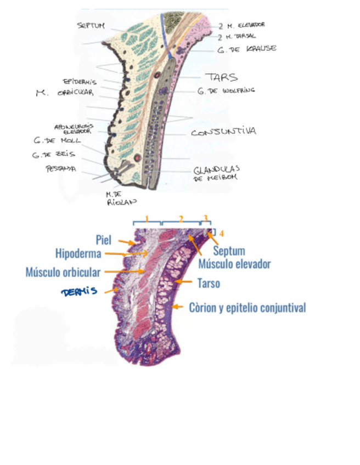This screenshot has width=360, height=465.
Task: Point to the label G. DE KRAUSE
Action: [x=246, y=49]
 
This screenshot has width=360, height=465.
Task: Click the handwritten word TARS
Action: [x=221, y=77]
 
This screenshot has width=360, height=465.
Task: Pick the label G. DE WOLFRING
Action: [x=227, y=90]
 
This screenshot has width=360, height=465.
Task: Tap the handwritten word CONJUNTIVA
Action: [x=223, y=132]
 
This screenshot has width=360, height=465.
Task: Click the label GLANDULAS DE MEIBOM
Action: [x=216, y=173]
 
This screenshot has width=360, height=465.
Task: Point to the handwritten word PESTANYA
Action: [x=60, y=169]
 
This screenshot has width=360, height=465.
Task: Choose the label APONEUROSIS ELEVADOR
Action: [x=74, y=128]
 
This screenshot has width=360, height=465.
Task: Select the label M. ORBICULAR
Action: [x=65, y=93]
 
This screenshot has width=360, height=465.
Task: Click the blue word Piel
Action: [x=103, y=240]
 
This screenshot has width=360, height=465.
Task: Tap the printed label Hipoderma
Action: [x=78, y=253]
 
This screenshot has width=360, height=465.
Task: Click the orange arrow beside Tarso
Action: [x=187, y=283]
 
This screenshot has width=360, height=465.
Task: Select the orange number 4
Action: [x=222, y=233]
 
